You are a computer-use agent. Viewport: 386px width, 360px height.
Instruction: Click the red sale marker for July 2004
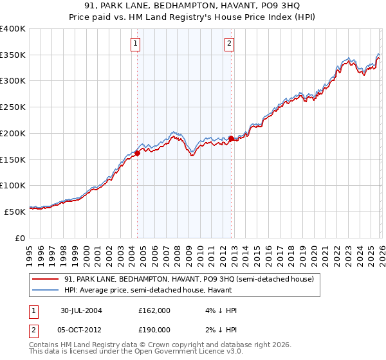click(x=138, y=153)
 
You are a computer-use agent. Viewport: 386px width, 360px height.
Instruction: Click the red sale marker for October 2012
click(x=231, y=138)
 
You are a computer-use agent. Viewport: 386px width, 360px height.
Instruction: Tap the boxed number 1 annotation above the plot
click(x=136, y=44)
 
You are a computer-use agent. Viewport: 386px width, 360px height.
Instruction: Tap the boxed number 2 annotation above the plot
click(x=230, y=44)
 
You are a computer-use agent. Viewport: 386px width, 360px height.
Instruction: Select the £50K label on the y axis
click(x=15, y=212)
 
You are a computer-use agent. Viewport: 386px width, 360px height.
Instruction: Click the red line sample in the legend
click(x=46, y=280)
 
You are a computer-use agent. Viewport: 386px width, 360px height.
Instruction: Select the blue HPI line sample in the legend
click(x=46, y=291)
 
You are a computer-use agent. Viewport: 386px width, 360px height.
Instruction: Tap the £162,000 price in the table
click(x=154, y=310)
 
